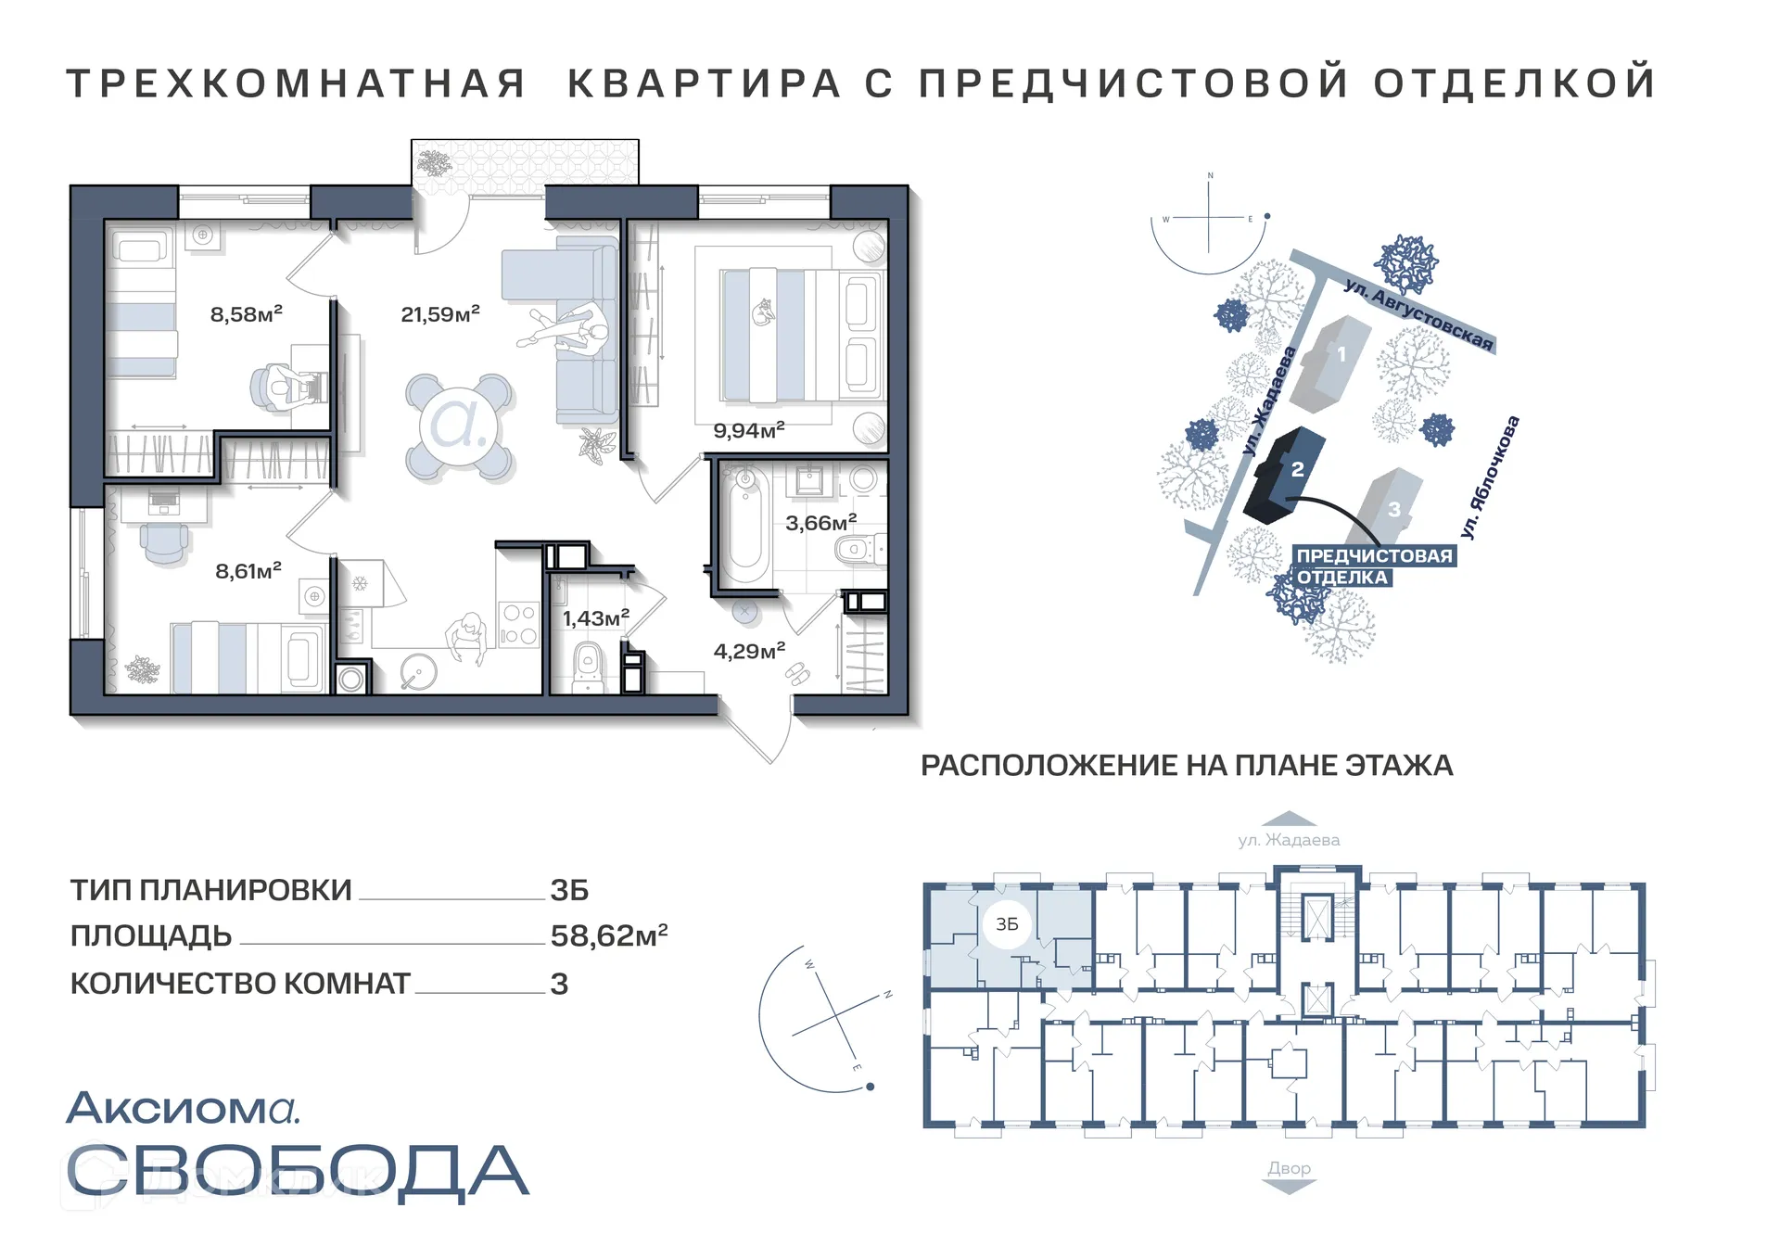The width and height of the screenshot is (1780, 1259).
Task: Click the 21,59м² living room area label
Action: tap(439, 314)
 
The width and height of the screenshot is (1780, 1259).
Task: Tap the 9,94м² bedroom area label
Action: tap(748, 430)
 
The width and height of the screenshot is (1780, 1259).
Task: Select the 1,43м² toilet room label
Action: tap(595, 618)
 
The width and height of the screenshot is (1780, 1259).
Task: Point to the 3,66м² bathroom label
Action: tap(820, 523)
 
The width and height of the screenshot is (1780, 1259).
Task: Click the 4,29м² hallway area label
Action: tap(749, 651)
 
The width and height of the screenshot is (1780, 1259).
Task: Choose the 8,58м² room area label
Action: tap(246, 314)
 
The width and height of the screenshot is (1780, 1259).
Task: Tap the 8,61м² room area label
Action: tap(248, 571)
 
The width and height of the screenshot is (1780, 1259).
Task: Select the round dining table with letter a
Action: tap(460, 426)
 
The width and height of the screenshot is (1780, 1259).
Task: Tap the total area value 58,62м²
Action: tap(608, 935)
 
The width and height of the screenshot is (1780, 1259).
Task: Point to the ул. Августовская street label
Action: tap(1418, 315)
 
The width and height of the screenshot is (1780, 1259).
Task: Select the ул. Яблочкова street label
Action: tap(1490, 477)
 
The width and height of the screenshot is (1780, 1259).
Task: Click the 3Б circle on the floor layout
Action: tap(1007, 924)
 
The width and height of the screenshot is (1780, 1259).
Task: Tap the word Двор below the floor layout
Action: tap(1289, 1168)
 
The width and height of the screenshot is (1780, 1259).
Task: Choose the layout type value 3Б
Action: tap(568, 890)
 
